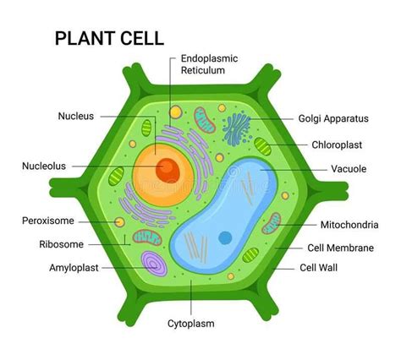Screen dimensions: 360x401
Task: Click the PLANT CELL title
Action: coord(109,38)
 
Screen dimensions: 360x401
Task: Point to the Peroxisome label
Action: coord(48,221)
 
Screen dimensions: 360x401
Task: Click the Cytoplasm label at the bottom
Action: coord(190,324)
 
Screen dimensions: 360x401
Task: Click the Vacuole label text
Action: coord(349,169)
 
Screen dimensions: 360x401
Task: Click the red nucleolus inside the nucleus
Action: coord(167,170)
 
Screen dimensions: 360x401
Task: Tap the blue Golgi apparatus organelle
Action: coord(238,128)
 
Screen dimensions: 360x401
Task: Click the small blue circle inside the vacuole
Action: coord(226,237)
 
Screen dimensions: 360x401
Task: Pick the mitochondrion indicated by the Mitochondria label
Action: coord(271,223)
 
